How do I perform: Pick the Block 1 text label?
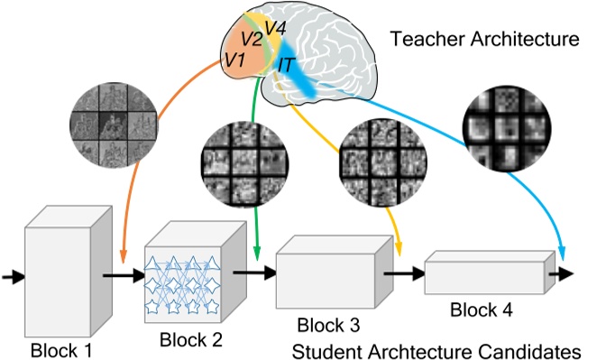(62, 346)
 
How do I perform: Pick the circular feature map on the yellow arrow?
(378, 164)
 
